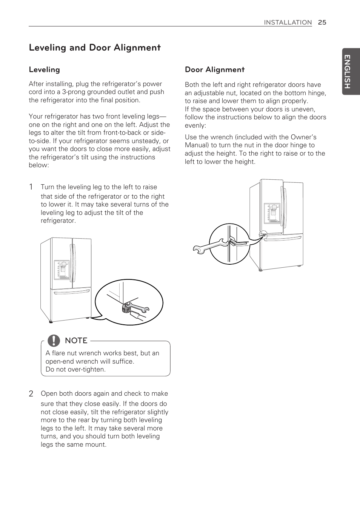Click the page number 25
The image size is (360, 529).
click(x=322, y=22)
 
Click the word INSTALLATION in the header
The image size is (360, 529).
click(x=288, y=22)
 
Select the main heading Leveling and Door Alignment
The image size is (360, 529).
click(x=95, y=48)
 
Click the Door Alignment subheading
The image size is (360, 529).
click(x=214, y=69)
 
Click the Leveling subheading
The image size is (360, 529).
click(x=44, y=69)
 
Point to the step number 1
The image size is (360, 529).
click(x=31, y=187)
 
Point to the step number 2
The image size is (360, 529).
click(x=31, y=393)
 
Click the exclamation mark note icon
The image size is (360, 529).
click(x=54, y=341)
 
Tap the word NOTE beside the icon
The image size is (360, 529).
click(x=76, y=341)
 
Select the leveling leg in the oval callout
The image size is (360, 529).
click(x=126, y=309)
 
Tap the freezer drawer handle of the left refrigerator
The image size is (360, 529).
click(x=72, y=291)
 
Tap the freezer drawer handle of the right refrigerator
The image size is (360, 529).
click(x=283, y=238)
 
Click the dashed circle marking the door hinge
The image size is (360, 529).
click(x=263, y=235)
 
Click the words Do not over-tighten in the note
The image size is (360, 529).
click(x=75, y=369)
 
